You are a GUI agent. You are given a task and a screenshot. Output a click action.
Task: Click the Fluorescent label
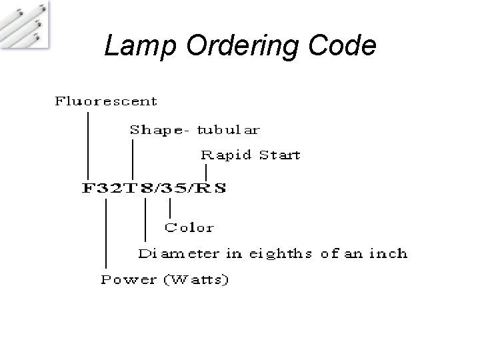[x=105, y=102]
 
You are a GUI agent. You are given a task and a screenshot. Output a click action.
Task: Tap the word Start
[x=279, y=155]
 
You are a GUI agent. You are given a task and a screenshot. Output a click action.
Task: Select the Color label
[x=189, y=227]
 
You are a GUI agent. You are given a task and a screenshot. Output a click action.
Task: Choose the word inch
[x=388, y=253]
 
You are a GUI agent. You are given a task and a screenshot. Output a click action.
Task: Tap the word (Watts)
[x=197, y=280]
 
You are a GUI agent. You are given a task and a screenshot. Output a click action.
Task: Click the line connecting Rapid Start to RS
[x=206, y=172]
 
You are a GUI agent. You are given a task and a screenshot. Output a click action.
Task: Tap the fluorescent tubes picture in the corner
[x=25, y=23]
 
